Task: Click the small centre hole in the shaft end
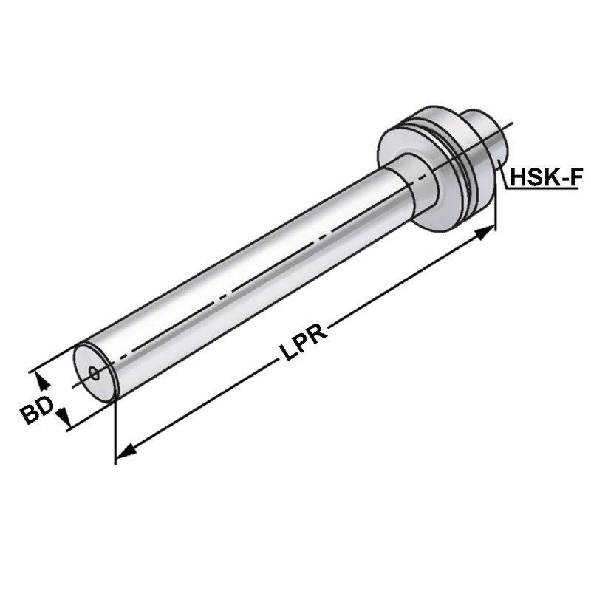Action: (93, 372)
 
